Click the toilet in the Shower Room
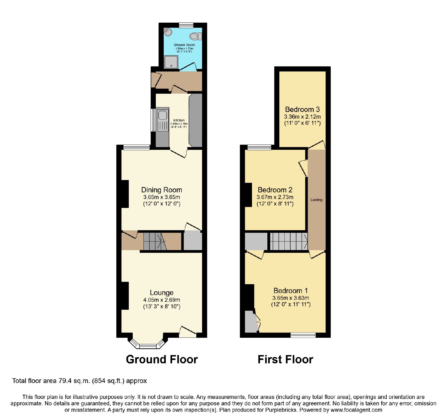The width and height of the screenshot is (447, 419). coord(196,36)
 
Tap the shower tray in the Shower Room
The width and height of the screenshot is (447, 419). coord(171,62)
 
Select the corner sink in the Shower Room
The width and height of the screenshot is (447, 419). coord(168,32)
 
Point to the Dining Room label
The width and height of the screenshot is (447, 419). coord(161,190)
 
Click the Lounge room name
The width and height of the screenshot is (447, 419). coord(161,293)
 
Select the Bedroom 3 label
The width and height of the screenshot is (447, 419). coord(302,109)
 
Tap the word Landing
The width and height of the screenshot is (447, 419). coord(317,200)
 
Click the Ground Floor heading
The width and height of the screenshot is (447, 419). coord(162,359)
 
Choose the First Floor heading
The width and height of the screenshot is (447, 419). coord(285,359)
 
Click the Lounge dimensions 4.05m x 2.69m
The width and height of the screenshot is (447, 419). coord(161,300)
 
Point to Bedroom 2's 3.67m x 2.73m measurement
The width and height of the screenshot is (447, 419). coord(275,197)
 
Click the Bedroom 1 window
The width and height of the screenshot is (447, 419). coord(303,335)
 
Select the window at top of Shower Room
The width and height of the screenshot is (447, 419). coord(186,25)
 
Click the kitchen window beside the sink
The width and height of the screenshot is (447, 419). coord(153,120)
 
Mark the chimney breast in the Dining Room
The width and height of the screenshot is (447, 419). coord(125,194)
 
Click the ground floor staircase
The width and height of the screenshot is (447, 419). coord(155,241)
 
